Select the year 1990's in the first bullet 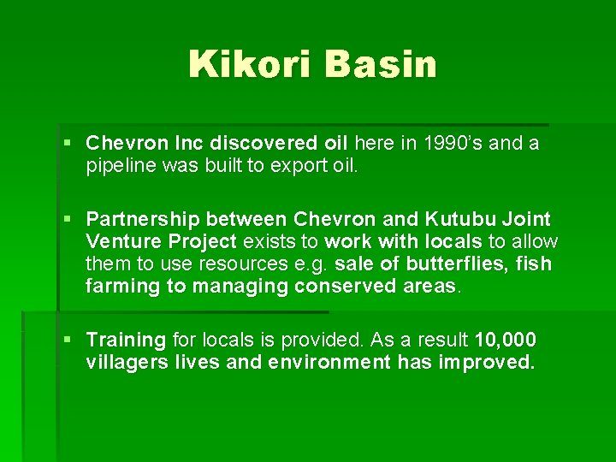(447, 143)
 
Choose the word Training (126, 341)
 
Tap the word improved (486, 363)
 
